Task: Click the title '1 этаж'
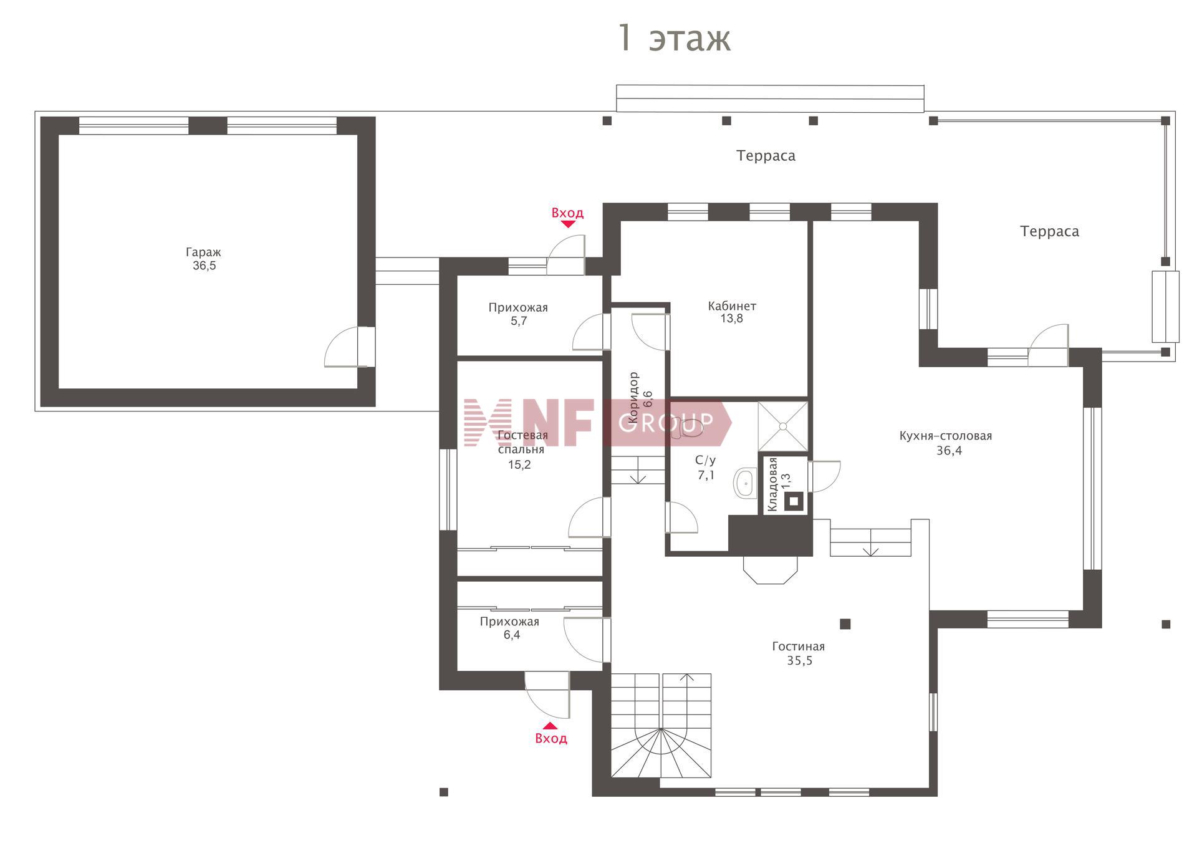click(x=673, y=38)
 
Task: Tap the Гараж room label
click(x=203, y=252)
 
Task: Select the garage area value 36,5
click(x=204, y=266)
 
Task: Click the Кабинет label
click(x=732, y=306)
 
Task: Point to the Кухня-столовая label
click(x=945, y=436)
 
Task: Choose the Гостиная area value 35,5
click(x=799, y=661)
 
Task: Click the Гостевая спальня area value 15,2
click(x=519, y=464)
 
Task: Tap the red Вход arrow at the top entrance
click(x=568, y=224)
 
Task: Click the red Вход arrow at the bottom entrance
click(x=550, y=726)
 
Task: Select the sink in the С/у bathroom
click(x=744, y=483)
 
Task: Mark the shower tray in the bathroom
click(x=782, y=426)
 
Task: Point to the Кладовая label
click(x=772, y=484)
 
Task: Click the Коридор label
click(x=633, y=398)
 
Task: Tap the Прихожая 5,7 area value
click(x=519, y=321)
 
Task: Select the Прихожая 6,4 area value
click(x=512, y=635)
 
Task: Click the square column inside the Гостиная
click(x=845, y=624)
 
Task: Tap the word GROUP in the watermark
click(x=665, y=423)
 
